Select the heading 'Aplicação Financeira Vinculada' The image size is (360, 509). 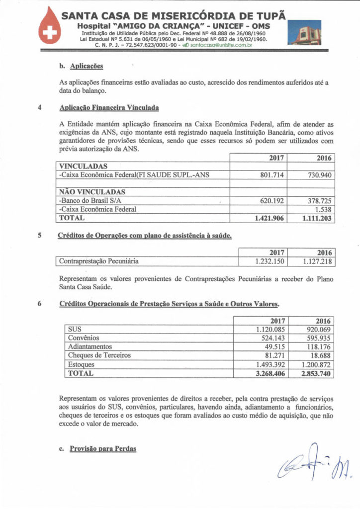tap(109, 107)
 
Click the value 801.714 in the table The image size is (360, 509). tap(272, 175)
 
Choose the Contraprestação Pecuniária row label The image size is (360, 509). tap(98, 260)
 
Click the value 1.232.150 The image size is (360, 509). tap(269, 260)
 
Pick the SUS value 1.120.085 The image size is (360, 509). tap(269, 329)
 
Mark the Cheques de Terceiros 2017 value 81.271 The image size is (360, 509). tap(273, 355)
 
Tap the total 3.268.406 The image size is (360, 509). tap(269, 373)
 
